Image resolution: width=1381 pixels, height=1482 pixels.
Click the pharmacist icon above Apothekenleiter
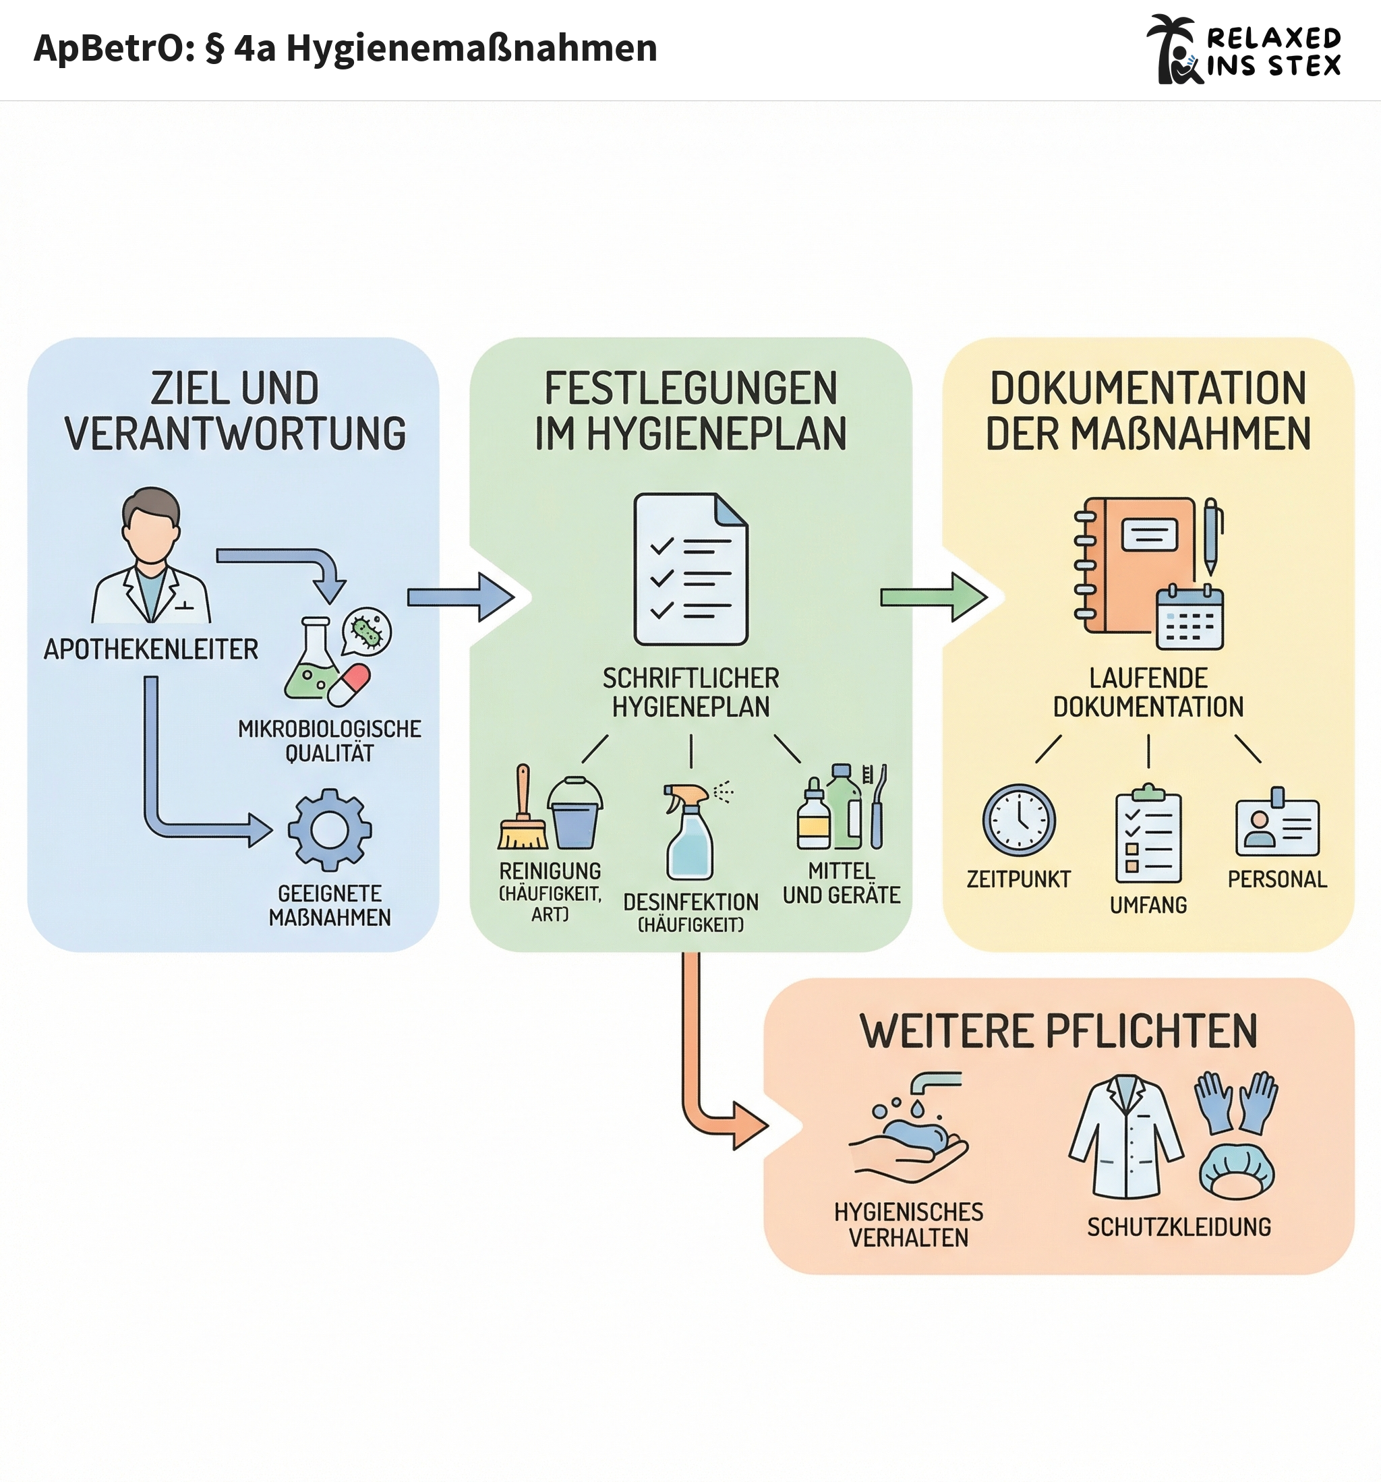(x=151, y=556)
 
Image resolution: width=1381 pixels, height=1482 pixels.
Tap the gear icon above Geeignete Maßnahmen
(x=330, y=830)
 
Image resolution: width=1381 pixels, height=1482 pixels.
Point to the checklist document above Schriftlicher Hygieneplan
(x=690, y=569)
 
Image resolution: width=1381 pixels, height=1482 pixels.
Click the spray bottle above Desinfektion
(x=690, y=831)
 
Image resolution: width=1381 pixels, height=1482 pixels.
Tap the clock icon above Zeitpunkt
(x=1019, y=820)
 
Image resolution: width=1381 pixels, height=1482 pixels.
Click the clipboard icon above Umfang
(x=1148, y=834)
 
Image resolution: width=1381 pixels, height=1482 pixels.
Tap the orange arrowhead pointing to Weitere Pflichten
(x=748, y=1125)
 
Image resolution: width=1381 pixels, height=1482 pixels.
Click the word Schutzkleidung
(x=1179, y=1227)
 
